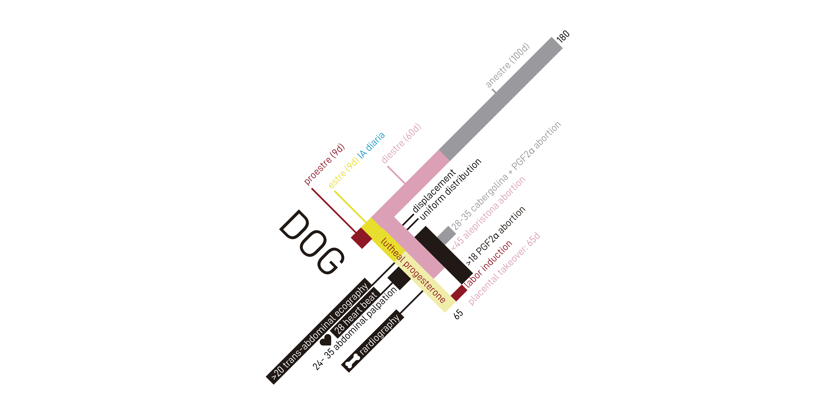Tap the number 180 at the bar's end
(x=563, y=36)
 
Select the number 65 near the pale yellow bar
(x=458, y=314)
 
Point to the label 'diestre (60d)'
(x=401, y=143)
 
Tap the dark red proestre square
(x=361, y=238)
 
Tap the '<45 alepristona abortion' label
(x=488, y=213)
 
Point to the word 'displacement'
(x=434, y=191)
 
